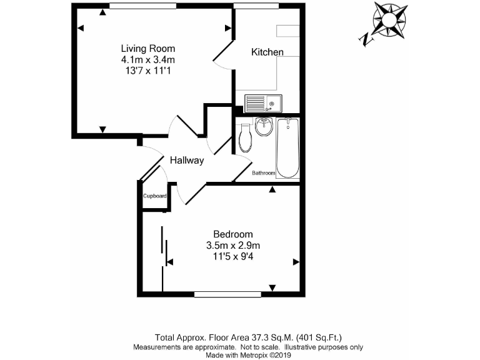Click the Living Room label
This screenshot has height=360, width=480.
tap(148, 48)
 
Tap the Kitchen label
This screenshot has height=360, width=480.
tap(267, 52)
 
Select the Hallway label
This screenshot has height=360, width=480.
tap(187, 161)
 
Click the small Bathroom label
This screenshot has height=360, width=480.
tap(263, 172)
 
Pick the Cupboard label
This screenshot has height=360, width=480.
tap(154, 196)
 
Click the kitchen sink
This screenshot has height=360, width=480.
tap(263, 103)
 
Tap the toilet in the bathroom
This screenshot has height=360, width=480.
tap(245, 137)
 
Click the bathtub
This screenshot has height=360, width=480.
tap(287, 149)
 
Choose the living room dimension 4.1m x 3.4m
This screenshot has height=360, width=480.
tap(148, 59)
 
